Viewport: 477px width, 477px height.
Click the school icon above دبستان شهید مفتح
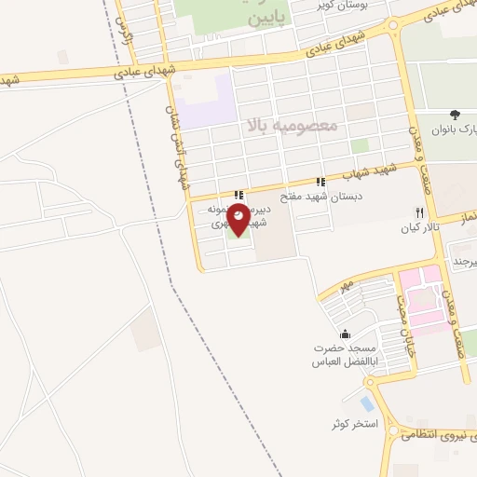321,183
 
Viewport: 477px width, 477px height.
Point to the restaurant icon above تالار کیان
420,213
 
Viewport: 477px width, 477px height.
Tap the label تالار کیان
419,228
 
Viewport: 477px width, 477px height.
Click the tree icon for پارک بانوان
455,114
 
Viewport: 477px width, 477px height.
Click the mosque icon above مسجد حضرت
346,334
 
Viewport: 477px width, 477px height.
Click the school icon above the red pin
239,196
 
